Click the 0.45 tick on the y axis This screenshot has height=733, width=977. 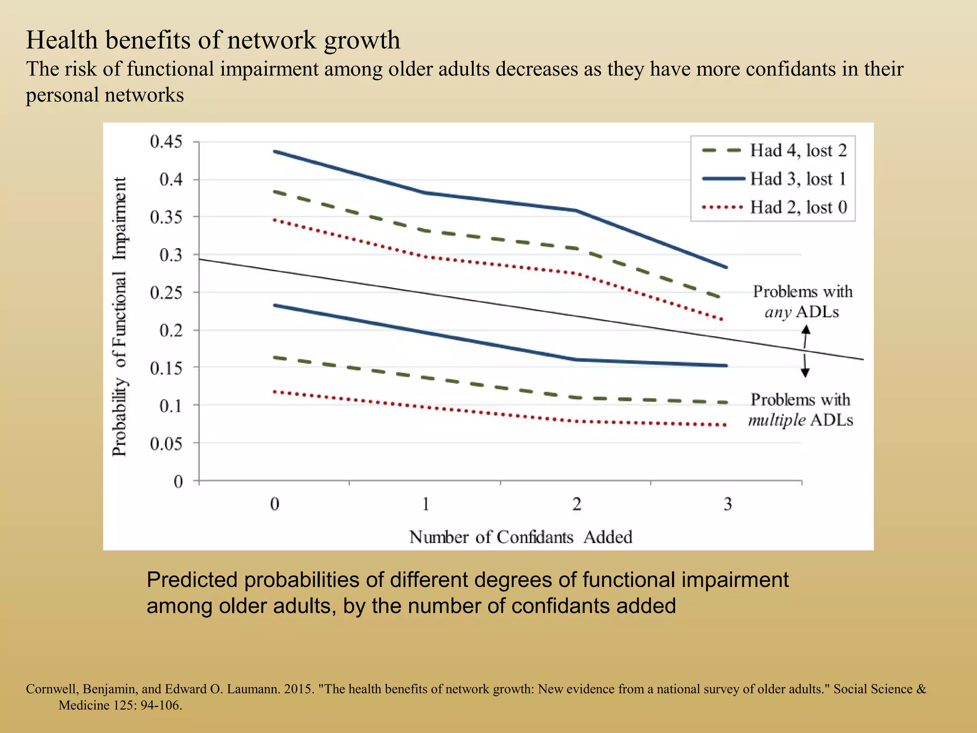point(166,142)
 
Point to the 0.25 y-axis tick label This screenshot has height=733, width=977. point(166,293)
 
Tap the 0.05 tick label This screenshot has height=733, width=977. point(166,444)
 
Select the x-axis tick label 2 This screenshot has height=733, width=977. point(577,504)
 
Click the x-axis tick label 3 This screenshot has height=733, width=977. point(728,504)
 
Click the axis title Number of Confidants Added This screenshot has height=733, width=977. point(520,537)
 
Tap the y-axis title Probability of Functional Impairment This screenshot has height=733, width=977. point(120,316)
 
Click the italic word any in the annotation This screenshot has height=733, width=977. point(778,312)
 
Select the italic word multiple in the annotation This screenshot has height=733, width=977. point(776,420)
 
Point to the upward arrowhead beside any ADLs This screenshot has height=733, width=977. point(806,329)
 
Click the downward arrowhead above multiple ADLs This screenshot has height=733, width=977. point(805,374)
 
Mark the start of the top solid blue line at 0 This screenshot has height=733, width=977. point(275,152)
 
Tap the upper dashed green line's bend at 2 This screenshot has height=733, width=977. point(577,248)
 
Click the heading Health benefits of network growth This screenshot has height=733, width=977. point(213,40)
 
